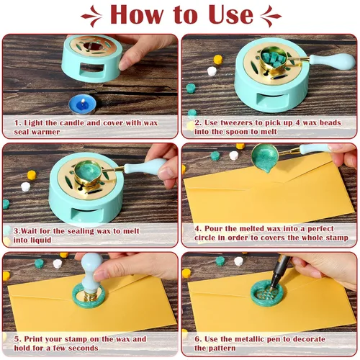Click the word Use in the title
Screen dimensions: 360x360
coord(230,14)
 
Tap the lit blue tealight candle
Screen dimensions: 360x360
coord(82,105)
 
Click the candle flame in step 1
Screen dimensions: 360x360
coord(83,102)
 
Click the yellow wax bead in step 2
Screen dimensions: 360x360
coord(218,59)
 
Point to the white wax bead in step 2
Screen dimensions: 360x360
coord(212,71)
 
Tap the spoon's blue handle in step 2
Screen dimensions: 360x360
coord(332,60)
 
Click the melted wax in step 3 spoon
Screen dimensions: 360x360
coord(88,171)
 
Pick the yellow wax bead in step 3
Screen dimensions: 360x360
coord(32,175)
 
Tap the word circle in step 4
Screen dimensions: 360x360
coord(204,238)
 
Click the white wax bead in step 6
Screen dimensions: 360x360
coord(238,261)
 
